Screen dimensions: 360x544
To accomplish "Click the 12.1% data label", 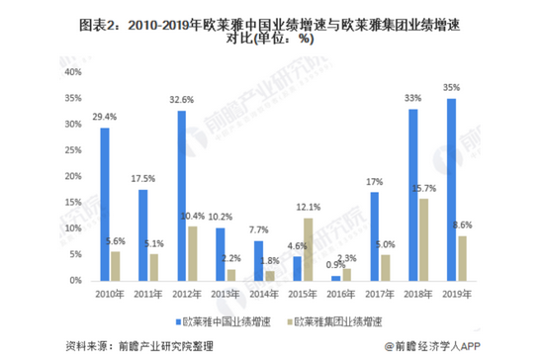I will coord(310,208).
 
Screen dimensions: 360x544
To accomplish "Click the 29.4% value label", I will coord(102,118).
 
